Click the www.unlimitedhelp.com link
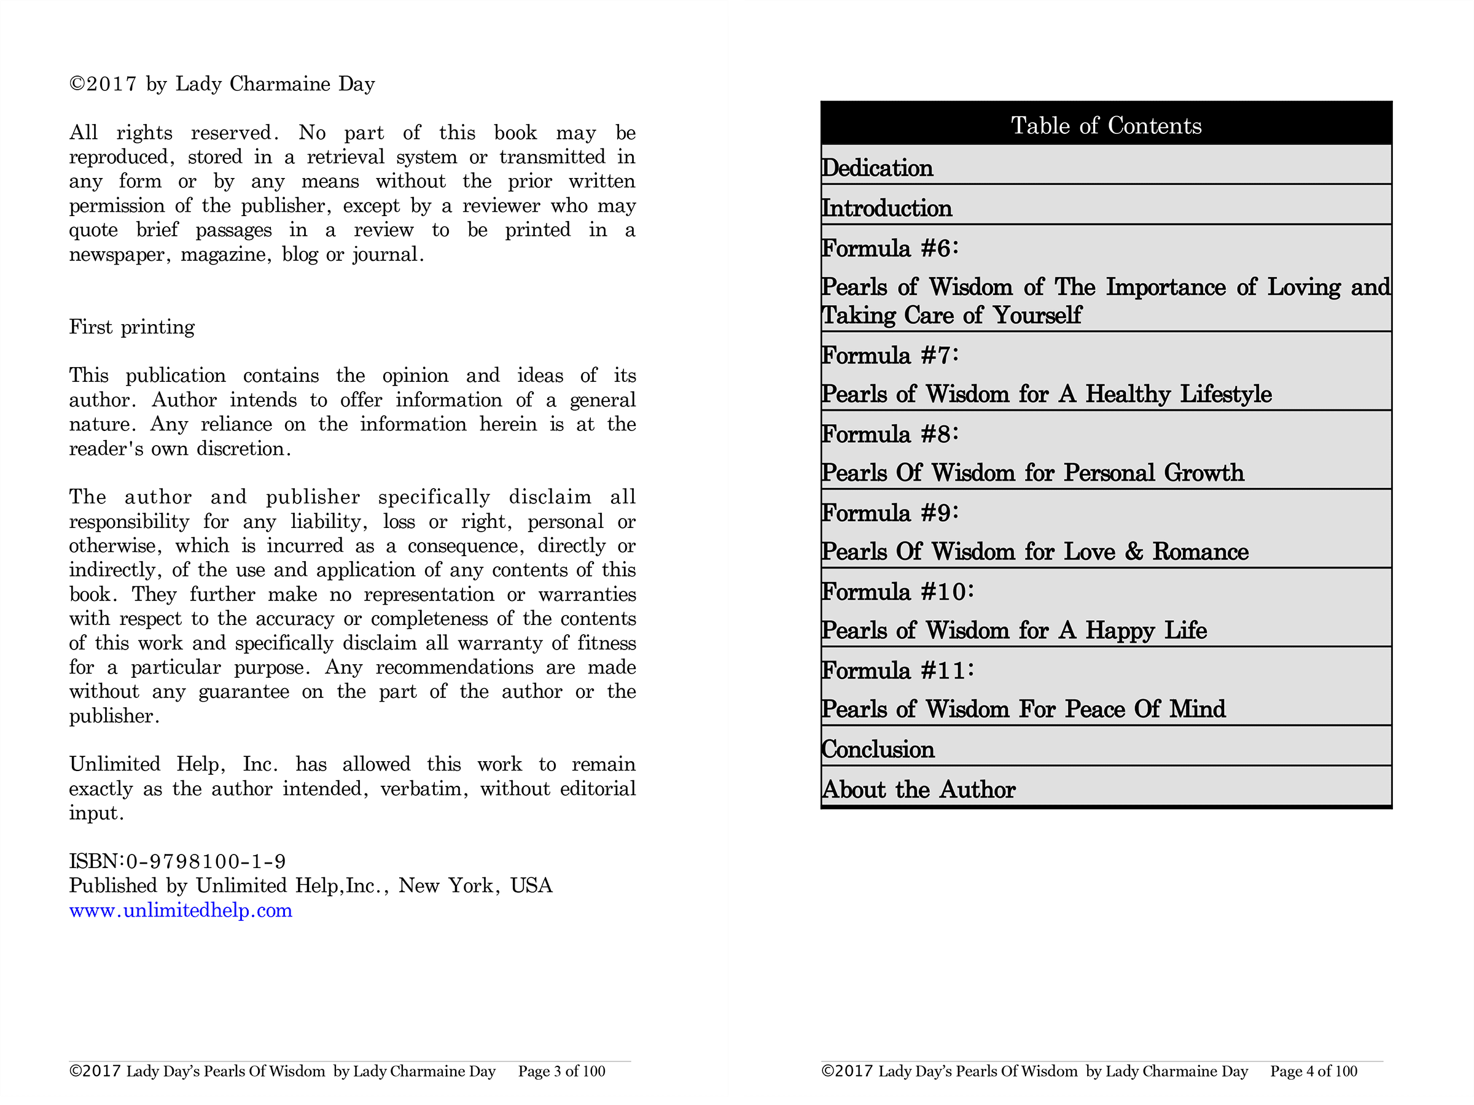coord(181,910)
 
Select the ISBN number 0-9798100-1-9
coord(206,862)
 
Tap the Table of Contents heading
coord(1106,126)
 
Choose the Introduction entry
coord(886,209)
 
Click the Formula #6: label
coord(889,249)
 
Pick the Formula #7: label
coord(889,355)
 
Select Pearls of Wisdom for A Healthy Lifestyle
coord(1046,394)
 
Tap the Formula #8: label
coord(889,434)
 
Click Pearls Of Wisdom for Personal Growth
coord(1032,473)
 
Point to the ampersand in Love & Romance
coord(1134,551)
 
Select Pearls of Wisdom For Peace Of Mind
coord(1023,710)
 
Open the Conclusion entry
coord(878,750)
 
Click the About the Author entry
coord(918,790)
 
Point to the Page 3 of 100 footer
coord(562,1072)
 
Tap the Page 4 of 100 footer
coord(1314,1072)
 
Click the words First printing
coord(132,327)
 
